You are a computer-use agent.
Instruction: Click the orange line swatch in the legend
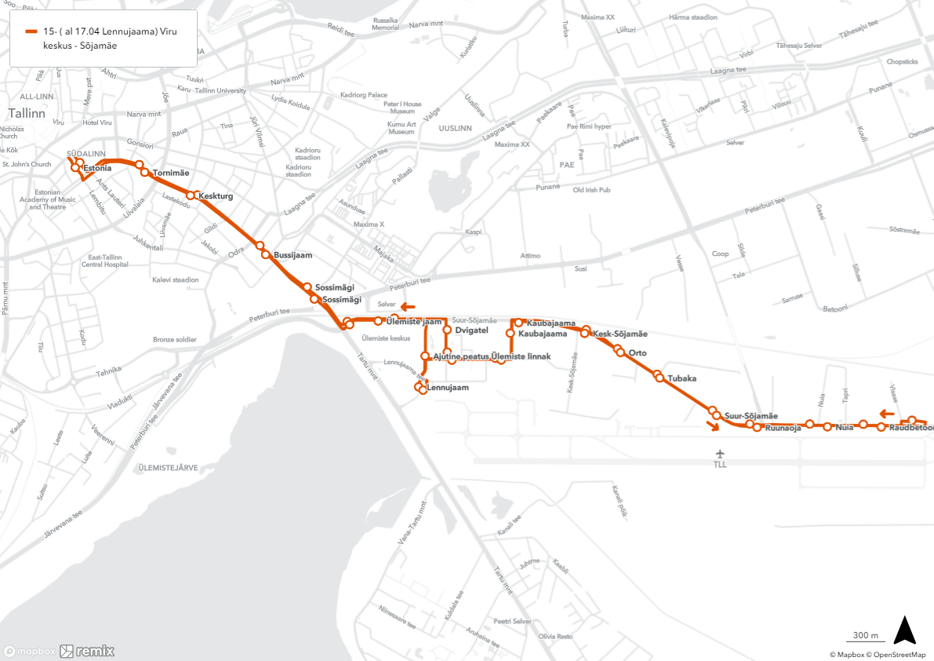click(31, 32)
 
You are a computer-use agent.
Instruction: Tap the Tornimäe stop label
click(171, 173)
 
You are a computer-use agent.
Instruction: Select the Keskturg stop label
click(216, 196)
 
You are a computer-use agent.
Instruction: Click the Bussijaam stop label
click(293, 255)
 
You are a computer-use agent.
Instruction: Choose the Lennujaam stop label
click(447, 388)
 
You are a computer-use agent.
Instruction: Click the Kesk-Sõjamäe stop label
click(620, 334)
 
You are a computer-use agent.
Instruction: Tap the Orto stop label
click(638, 353)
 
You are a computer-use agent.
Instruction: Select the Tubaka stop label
click(681, 378)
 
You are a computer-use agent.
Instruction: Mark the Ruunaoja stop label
click(783, 429)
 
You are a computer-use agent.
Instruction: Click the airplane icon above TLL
click(721, 454)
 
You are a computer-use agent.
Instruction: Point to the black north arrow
click(905, 630)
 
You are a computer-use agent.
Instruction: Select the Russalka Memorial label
click(385, 24)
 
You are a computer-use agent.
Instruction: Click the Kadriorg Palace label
click(364, 95)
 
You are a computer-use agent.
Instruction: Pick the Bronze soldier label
click(175, 340)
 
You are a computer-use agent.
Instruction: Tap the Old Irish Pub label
click(591, 190)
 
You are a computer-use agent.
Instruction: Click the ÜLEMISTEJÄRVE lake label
click(167, 468)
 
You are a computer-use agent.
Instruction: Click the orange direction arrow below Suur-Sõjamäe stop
click(712, 427)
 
